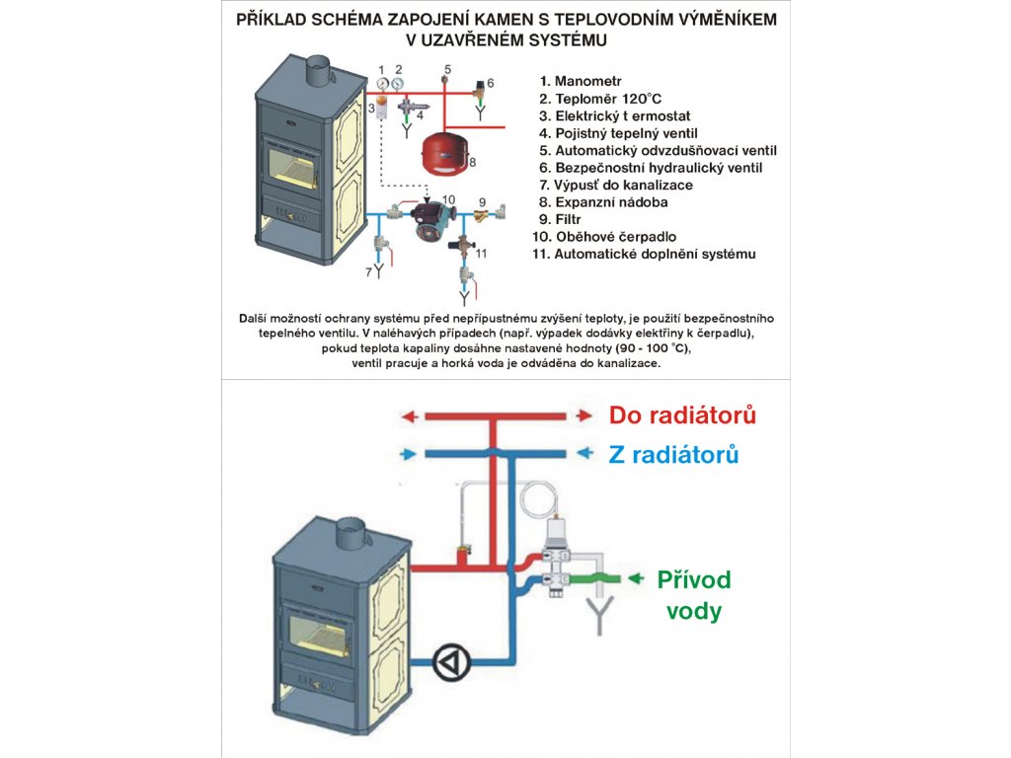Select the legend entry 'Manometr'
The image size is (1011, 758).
(x=588, y=81)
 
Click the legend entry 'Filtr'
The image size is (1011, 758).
(x=568, y=219)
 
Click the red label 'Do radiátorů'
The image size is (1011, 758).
(x=682, y=416)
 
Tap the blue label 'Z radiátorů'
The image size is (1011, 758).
(x=673, y=455)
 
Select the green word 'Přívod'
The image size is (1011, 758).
(x=694, y=579)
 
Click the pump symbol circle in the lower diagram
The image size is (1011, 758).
(x=452, y=660)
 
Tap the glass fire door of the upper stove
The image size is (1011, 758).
(x=293, y=167)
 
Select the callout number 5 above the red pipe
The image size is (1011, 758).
(x=446, y=68)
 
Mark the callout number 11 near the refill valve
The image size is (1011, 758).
(x=481, y=253)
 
